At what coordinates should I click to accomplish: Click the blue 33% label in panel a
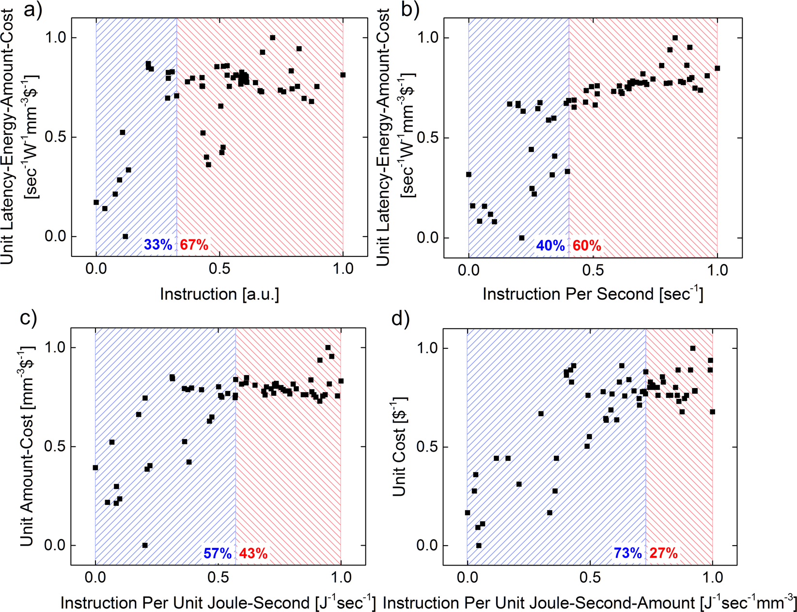click(158, 245)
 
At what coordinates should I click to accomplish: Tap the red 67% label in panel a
click(194, 245)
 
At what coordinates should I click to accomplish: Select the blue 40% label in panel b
click(550, 246)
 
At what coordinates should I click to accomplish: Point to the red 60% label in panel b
click(587, 246)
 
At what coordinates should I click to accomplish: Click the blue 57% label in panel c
click(217, 553)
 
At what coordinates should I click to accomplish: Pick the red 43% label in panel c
click(253, 553)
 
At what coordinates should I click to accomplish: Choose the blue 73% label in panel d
click(628, 553)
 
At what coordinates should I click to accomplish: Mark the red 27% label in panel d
click(663, 553)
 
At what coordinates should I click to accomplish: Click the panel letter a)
click(32, 10)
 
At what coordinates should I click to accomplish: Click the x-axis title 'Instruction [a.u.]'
click(219, 294)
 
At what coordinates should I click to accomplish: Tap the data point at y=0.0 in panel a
click(125, 236)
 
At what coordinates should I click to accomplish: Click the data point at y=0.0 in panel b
click(521, 238)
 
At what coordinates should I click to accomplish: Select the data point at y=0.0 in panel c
click(145, 545)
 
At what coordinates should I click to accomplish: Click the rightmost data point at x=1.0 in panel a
click(343, 75)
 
